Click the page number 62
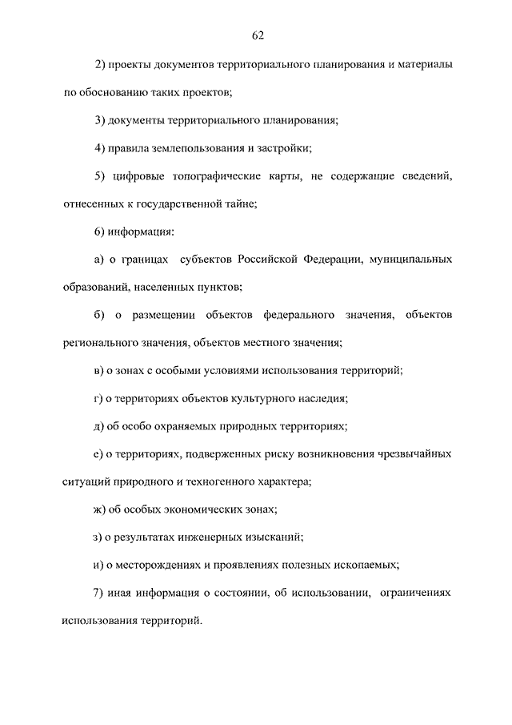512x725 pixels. (257, 34)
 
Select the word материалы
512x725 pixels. (425, 63)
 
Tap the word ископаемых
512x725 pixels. (366, 565)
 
